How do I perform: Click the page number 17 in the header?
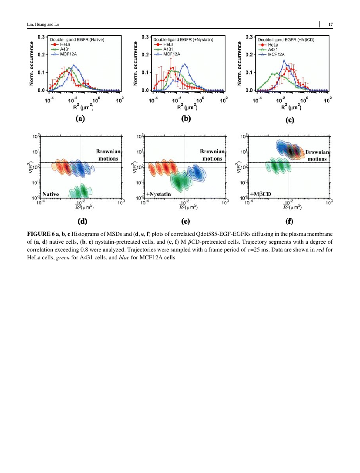[x=330, y=24]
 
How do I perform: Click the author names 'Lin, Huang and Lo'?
[x=43, y=24]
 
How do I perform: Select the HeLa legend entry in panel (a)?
[x=61, y=45]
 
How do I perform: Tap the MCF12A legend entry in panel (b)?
[x=167, y=54]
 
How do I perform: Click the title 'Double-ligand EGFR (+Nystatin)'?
[x=183, y=40]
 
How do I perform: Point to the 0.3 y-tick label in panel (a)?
[x=41, y=37]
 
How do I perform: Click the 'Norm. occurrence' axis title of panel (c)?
[x=239, y=64]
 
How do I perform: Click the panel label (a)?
[x=80, y=118]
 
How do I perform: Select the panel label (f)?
[x=289, y=221]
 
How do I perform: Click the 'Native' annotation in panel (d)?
[x=50, y=194]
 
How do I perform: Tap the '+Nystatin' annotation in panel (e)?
[x=158, y=194]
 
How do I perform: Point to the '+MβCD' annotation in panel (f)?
[x=260, y=194]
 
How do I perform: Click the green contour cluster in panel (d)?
[x=80, y=191]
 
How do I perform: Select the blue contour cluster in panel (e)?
[x=197, y=173]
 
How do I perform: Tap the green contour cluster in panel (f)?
[x=278, y=166]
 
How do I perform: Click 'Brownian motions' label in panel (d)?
[x=108, y=155]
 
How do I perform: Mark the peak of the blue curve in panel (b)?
[x=185, y=64]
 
